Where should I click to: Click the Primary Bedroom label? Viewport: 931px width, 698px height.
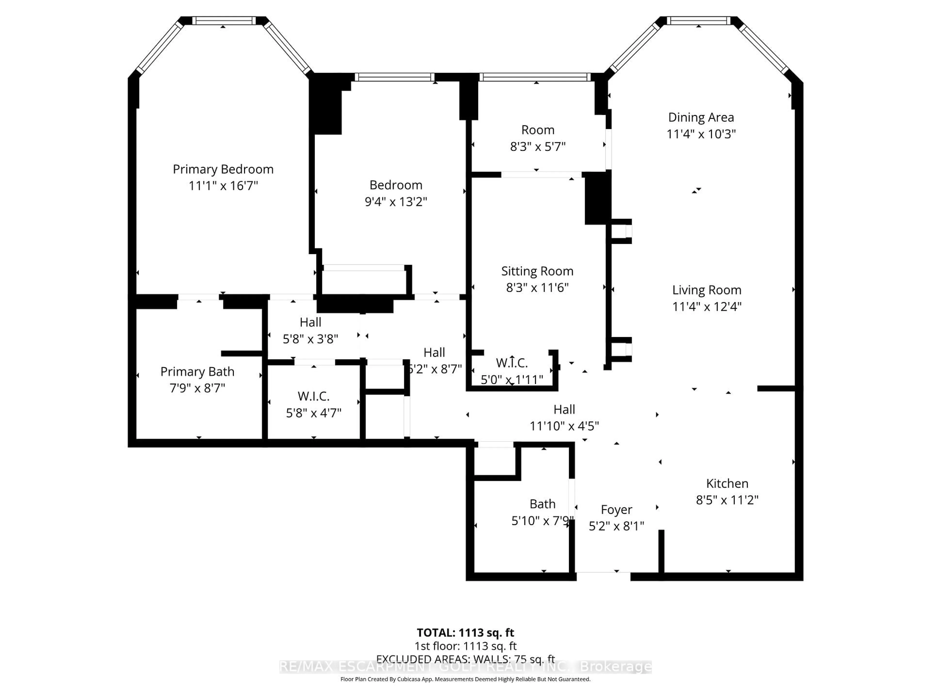(x=223, y=169)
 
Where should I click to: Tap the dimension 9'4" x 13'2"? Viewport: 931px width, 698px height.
(x=396, y=202)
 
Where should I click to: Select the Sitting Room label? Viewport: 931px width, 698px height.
(x=537, y=271)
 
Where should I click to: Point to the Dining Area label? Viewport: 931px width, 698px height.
(x=701, y=117)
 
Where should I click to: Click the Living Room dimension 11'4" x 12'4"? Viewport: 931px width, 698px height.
(x=707, y=306)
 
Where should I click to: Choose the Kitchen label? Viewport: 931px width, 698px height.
(x=727, y=483)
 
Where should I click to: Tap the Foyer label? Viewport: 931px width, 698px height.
(x=616, y=509)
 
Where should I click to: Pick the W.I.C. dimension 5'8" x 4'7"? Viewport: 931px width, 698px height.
(x=313, y=413)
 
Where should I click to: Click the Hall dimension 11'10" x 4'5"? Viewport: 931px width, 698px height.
(x=564, y=426)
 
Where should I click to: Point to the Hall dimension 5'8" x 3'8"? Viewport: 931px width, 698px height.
(x=310, y=339)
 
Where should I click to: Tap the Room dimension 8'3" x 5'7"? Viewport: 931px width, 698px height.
(x=538, y=146)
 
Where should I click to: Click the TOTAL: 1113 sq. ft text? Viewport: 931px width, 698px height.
(x=465, y=632)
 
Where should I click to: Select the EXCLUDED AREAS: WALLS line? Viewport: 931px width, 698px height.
(x=465, y=659)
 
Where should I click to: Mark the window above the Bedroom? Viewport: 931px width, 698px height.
(x=394, y=77)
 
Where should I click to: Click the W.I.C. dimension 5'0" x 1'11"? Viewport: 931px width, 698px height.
(x=512, y=380)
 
